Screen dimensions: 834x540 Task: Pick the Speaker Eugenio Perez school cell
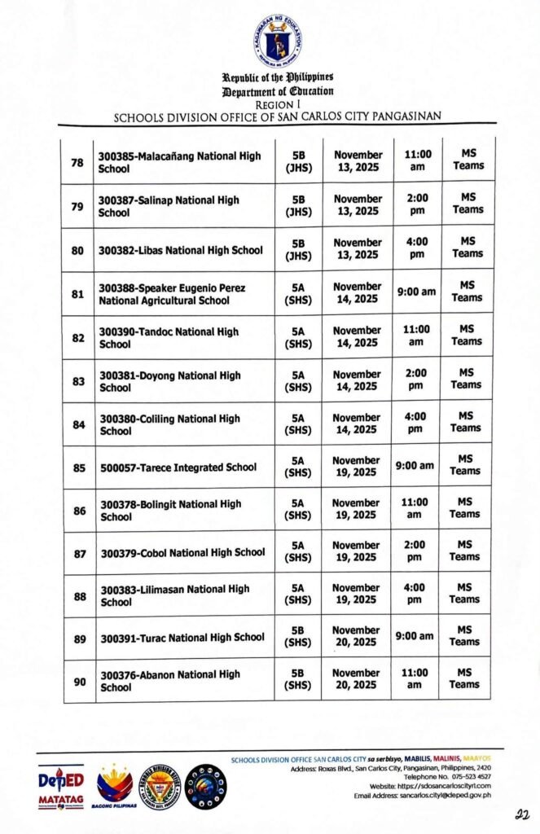[172, 294]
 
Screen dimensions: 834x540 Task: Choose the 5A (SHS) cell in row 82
[298, 337]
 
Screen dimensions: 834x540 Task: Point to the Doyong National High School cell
[170, 381]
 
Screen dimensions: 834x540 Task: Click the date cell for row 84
[357, 424]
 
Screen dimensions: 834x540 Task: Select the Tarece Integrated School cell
[178, 467]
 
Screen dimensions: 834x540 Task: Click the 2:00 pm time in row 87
[415, 551]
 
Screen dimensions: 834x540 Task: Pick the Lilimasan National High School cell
[175, 595]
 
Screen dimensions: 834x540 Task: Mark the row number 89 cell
[79, 639]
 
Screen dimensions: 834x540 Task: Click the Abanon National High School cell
[170, 681]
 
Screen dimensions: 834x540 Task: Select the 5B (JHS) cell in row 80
[298, 248]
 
